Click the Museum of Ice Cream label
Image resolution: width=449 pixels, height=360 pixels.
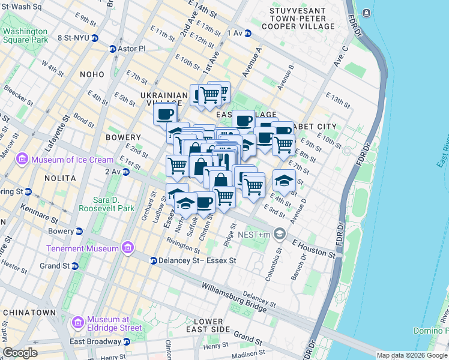pos(72,160)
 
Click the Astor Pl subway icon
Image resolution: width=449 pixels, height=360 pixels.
pos(112,49)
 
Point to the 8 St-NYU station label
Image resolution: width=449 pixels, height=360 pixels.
pos(73,37)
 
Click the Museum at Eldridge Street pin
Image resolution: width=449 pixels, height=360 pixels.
pos(77,323)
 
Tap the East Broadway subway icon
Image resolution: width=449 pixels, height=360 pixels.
pos(127,341)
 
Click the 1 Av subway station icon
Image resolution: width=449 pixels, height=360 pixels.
pos(247,33)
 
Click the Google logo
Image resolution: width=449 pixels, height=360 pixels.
pos(20,353)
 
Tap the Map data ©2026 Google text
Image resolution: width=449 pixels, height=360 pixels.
pos(411,355)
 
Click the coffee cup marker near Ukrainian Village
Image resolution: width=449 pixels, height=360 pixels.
pos(165,113)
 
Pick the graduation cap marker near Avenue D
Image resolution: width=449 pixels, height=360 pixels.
pos(284,181)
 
